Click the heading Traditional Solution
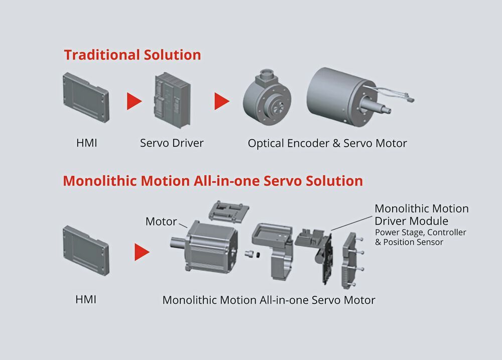click(132, 55)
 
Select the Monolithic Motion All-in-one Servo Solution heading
click(212, 181)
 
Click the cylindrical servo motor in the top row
click(341, 97)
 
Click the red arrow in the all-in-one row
click(142, 253)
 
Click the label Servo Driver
click(172, 143)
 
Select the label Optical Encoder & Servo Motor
click(327, 144)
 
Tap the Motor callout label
click(161, 221)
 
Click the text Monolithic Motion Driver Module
click(421, 215)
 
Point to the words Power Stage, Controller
click(420, 232)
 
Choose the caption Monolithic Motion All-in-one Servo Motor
click(269, 300)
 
